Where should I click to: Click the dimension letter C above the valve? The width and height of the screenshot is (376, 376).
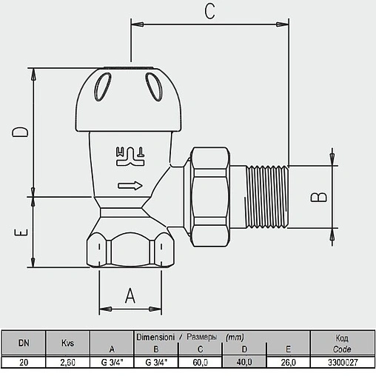pos(209,12)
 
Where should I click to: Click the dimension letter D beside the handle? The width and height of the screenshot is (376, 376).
pos(20,132)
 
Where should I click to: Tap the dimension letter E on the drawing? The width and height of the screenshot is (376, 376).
pos(21,232)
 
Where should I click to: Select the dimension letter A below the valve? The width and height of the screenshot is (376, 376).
pos(130,295)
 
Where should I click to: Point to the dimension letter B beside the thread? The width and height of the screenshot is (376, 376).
pos(318,197)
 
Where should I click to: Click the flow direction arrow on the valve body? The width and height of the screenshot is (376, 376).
pos(130,186)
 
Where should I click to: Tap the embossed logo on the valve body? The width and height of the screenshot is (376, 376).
pos(130,157)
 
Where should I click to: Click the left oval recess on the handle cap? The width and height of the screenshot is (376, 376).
pos(102,87)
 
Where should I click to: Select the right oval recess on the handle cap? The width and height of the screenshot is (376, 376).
pos(154,87)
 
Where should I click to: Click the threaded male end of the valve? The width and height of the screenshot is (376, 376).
pos(267,197)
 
